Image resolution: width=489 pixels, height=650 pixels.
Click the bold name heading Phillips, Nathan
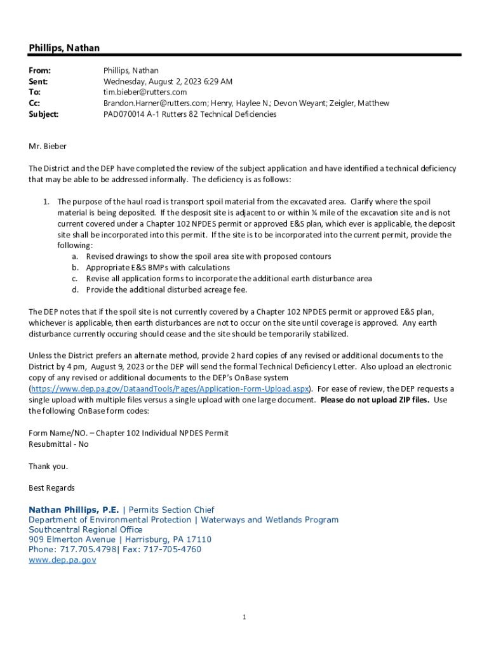coord(64,48)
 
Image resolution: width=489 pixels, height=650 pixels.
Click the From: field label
coord(39,70)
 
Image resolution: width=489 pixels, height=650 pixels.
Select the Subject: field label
coord(44,114)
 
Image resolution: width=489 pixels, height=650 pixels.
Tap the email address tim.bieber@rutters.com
coord(145,92)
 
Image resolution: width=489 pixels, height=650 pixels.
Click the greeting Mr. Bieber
coord(48,147)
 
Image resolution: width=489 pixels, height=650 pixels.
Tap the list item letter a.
coord(74,256)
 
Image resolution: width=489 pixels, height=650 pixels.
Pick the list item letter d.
coord(74,289)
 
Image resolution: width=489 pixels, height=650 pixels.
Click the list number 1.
coord(46,202)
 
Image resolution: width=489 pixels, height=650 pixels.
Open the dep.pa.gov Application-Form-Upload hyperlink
coord(170,388)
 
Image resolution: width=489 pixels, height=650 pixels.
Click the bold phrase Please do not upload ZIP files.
coord(375,400)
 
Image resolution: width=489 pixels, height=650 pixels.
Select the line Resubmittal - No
coord(58,444)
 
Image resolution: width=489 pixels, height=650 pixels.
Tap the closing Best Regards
coord(51,488)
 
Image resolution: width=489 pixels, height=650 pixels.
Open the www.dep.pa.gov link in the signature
coord(62,560)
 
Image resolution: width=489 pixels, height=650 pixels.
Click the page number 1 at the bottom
coord(245,617)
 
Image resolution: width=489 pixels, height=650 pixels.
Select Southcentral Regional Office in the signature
coord(86,529)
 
